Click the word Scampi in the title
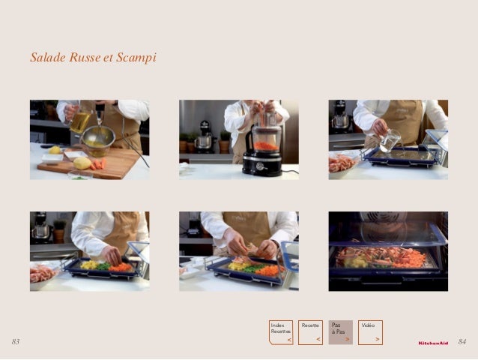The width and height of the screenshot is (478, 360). [136, 58]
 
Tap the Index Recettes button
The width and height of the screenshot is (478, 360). [281, 332]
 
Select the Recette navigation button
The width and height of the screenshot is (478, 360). [310, 332]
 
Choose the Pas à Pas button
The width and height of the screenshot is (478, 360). [340, 332]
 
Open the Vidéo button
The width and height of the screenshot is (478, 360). [370, 332]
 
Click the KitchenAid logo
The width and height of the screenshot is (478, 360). [433, 343]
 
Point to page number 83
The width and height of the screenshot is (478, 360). [16, 341]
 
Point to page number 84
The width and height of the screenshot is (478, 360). [462, 341]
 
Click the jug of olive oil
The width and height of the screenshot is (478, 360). [79, 121]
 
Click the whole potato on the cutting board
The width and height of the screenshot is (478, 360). [82, 163]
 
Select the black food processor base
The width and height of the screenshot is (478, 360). [262, 164]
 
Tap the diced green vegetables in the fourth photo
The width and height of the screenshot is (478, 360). [103, 266]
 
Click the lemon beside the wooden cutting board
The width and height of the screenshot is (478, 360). [55, 150]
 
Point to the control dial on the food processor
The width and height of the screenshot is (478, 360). [260, 166]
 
